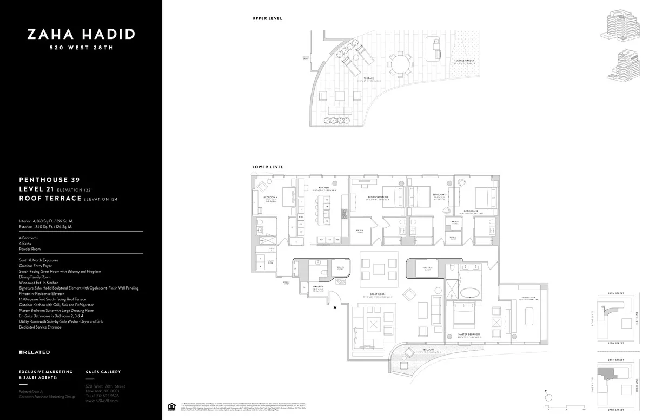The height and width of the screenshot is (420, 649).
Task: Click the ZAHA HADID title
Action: click(81, 35)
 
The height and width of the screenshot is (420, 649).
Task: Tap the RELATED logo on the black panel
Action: click(35, 352)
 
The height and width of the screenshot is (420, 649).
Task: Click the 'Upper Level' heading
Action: click(267, 18)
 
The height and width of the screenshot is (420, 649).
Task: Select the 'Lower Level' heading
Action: click(268, 167)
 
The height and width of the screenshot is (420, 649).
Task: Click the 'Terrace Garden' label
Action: click(464, 60)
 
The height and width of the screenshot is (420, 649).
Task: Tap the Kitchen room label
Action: click(323, 188)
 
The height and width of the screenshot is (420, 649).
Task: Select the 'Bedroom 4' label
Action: click(270, 197)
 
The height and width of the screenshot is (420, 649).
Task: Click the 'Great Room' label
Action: click(374, 294)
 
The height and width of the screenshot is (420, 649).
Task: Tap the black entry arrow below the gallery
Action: click(335, 307)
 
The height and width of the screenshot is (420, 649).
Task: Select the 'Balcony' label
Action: click(429, 350)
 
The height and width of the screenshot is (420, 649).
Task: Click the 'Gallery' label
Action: click(318, 287)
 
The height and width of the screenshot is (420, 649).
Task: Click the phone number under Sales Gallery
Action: click(103, 396)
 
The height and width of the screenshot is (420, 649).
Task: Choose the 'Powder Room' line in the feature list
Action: click(30, 249)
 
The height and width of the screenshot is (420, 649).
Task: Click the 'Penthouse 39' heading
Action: click(50, 179)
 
